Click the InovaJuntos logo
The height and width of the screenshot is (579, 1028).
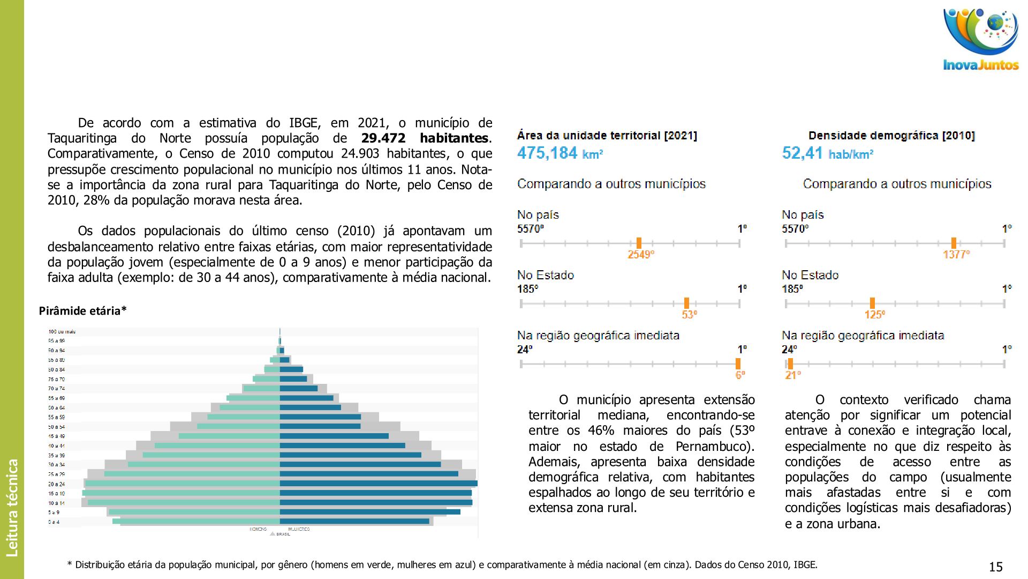click(x=981, y=40)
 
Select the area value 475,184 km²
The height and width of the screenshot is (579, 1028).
click(x=560, y=153)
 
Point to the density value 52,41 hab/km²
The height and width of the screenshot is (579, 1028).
click(x=828, y=153)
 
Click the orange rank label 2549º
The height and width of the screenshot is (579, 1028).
click(x=641, y=255)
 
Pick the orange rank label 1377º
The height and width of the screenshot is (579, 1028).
click(x=956, y=255)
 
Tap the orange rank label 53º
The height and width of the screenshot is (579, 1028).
click(x=689, y=315)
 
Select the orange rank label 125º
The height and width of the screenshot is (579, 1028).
click(x=874, y=315)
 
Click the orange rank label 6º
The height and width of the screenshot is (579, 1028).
click(x=740, y=375)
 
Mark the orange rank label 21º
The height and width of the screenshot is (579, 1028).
click(x=793, y=375)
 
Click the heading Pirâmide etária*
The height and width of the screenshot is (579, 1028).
click(x=83, y=311)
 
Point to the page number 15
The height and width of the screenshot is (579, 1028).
click(x=995, y=567)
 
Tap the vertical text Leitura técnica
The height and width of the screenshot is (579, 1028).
click(x=12, y=507)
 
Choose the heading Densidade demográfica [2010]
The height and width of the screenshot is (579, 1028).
click(x=891, y=136)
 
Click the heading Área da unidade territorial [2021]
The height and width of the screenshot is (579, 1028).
click(x=607, y=136)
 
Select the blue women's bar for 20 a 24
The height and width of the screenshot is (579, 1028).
click(x=378, y=484)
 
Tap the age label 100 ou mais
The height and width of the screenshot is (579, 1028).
click(x=62, y=332)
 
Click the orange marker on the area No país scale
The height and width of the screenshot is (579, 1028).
click(x=639, y=243)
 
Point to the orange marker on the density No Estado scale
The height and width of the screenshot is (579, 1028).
click(x=872, y=303)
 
